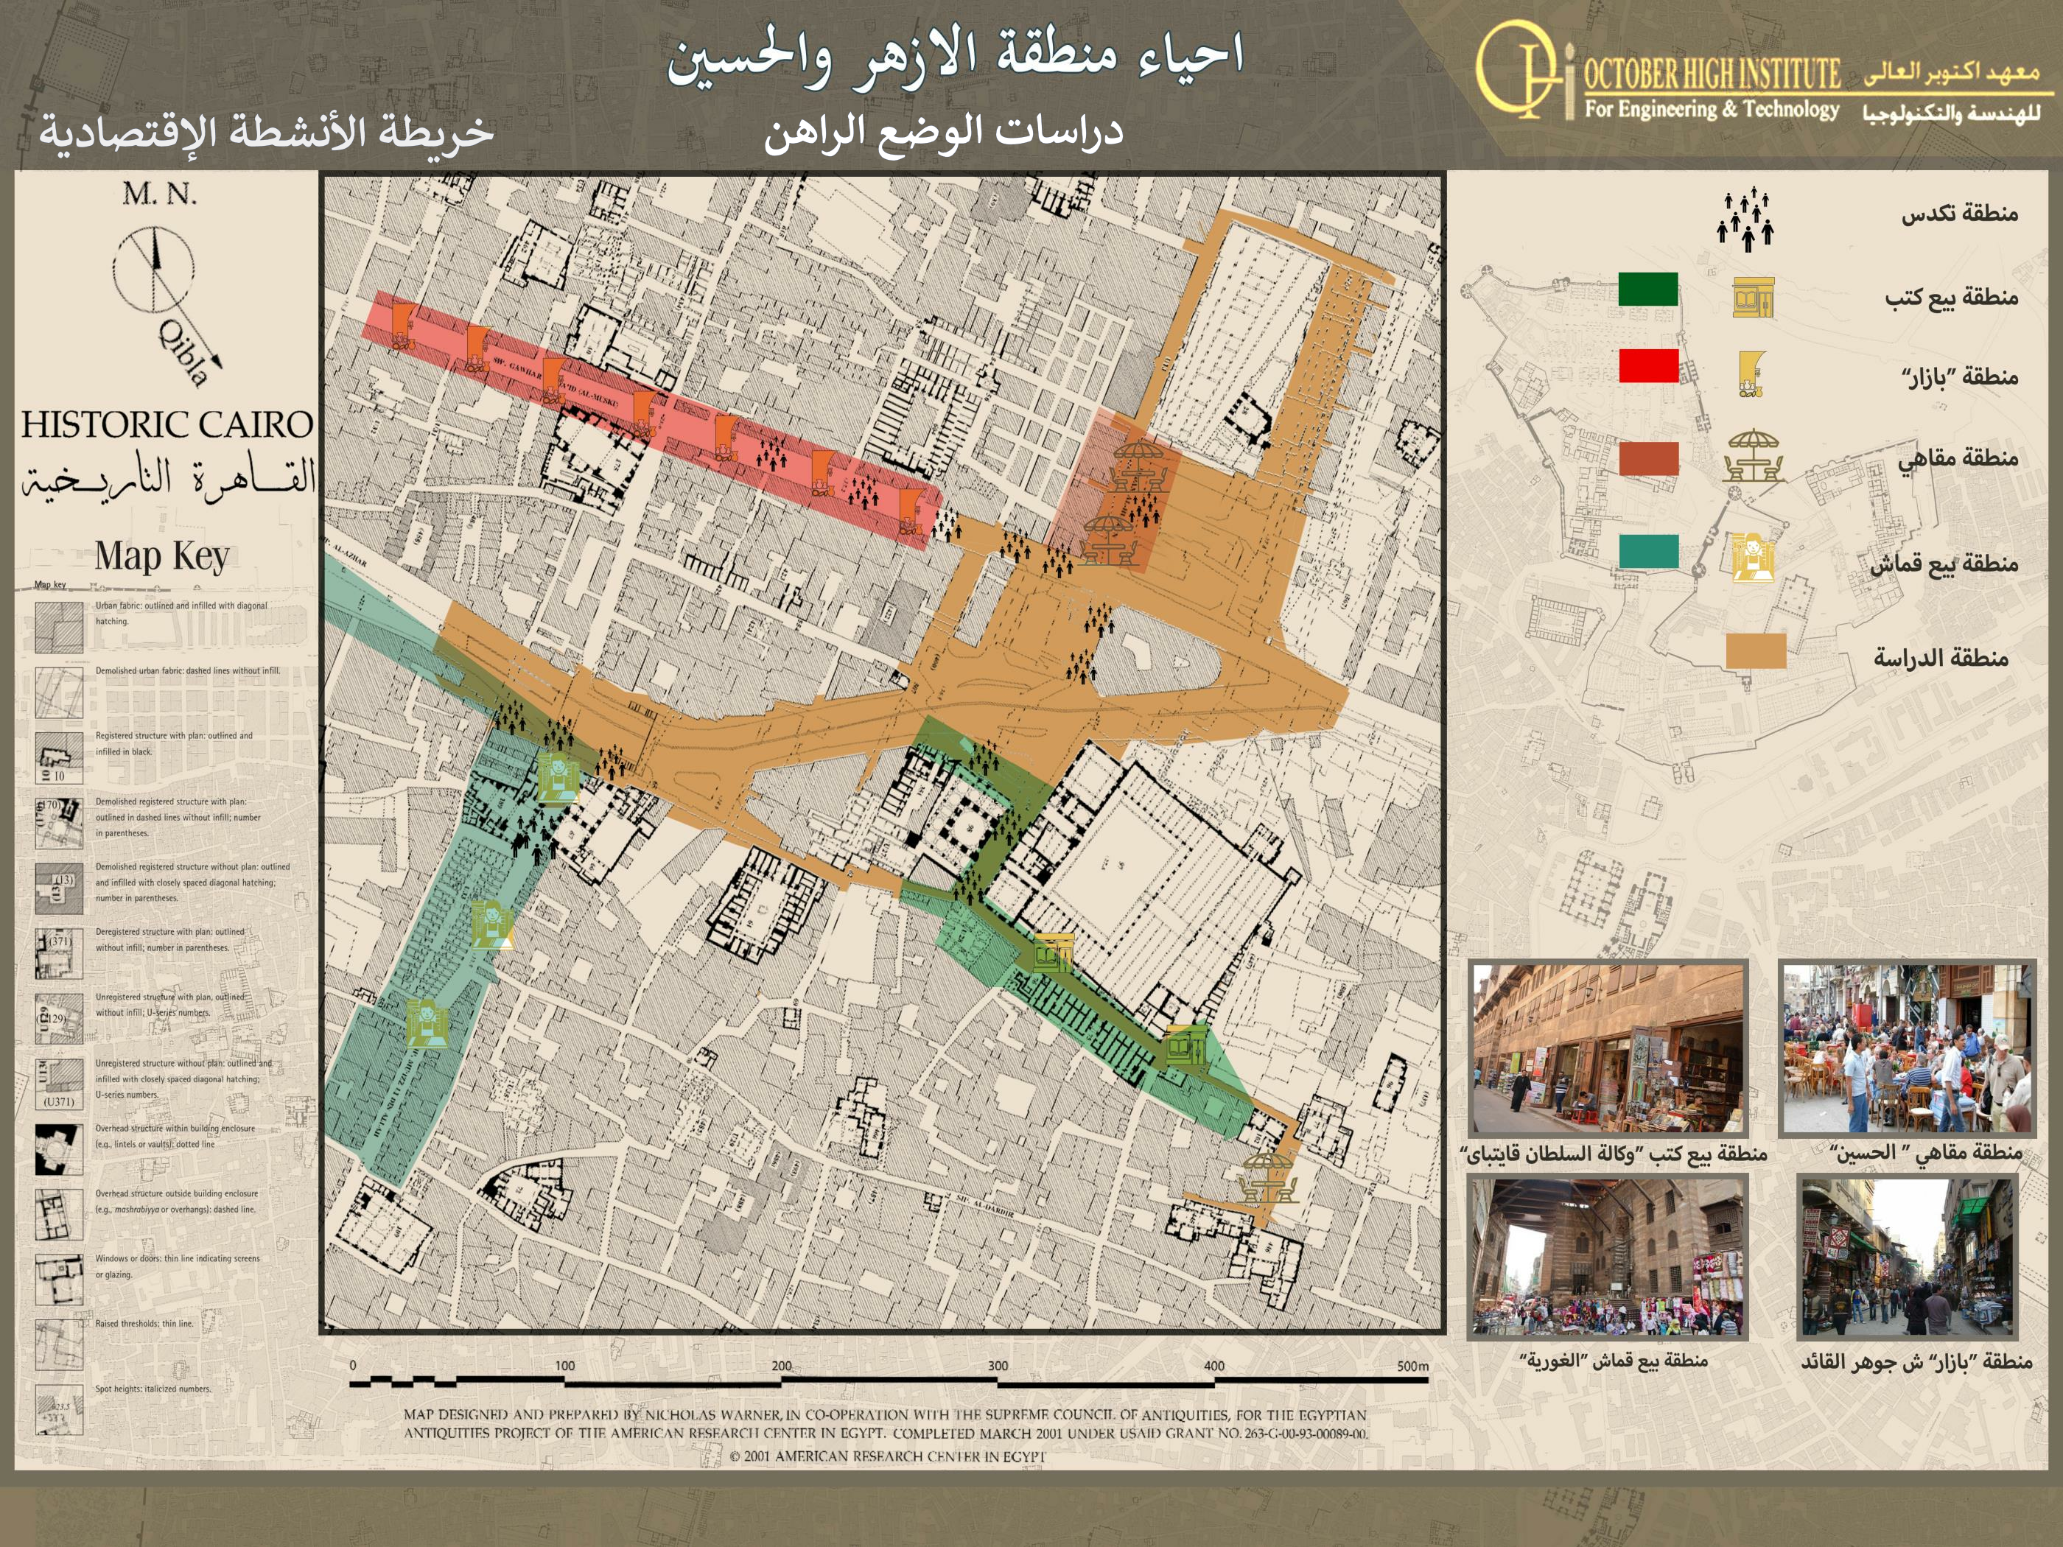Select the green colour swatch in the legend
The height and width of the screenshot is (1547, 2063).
pyautogui.click(x=1648, y=289)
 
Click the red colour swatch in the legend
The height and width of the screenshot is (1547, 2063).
pyautogui.click(x=1648, y=365)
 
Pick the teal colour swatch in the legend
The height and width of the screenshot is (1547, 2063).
pyautogui.click(x=1648, y=551)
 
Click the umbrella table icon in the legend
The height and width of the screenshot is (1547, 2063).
pyautogui.click(x=1754, y=456)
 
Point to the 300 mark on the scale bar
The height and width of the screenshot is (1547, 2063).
pyautogui.click(x=997, y=1366)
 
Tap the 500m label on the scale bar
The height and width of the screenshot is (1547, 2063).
pyautogui.click(x=1412, y=1366)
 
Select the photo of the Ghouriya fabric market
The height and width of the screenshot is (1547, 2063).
pyautogui.click(x=1607, y=1256)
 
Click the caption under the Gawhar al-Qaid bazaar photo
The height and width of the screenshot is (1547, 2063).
pyautogui.click(x=1916, y=1361)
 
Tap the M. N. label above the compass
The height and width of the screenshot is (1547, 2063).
pyautogui.click(x=159, y=194)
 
